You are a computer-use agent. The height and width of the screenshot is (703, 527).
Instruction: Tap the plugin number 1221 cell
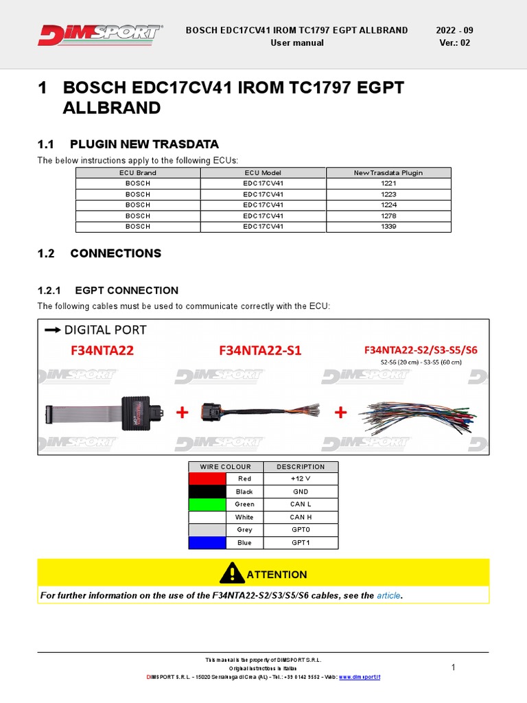coord(388,184)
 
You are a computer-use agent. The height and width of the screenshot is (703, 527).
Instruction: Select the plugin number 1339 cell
coord(388,226)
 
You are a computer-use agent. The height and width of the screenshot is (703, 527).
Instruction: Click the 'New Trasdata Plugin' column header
coord(388,173)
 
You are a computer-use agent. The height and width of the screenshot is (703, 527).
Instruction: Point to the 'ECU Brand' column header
coord(138,173)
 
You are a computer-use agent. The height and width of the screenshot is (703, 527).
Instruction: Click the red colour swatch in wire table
coord(207,479)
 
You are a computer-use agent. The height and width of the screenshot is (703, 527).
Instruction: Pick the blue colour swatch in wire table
coord(207,542)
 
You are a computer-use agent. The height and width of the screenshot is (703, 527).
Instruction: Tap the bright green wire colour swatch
coord(207,504)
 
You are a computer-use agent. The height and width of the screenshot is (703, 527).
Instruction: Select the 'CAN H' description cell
coord(301,517)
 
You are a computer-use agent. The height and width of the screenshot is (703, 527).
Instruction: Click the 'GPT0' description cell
coord(301,530)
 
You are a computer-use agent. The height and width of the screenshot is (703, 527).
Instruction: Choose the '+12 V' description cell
coord(301,479)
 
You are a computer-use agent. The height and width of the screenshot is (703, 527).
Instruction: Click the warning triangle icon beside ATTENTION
coord(232,573)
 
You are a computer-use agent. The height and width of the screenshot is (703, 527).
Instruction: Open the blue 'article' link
coord(388,595)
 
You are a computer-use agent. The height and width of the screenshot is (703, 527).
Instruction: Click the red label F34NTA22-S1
coord(260,350)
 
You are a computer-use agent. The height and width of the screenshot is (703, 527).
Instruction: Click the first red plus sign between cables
coord(182,413)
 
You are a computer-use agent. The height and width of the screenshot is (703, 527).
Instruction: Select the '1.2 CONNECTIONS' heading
coord(99,253)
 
